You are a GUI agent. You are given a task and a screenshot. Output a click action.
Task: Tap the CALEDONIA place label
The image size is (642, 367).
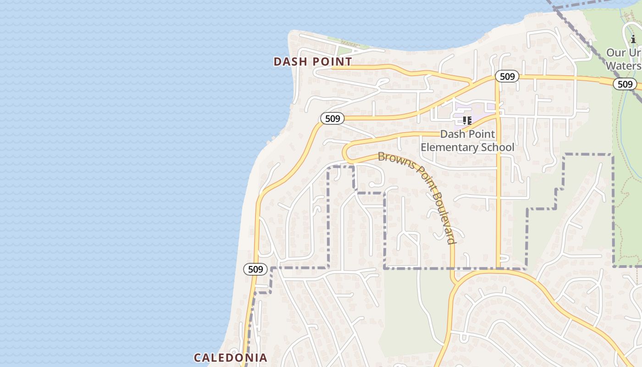[230, 358]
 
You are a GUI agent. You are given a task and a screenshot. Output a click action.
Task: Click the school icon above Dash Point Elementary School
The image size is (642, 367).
[467, 121]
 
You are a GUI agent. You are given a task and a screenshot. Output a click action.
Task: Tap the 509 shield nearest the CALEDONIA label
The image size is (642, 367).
[255, 269]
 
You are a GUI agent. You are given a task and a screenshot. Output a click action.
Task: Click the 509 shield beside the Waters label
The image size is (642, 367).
[625, 84]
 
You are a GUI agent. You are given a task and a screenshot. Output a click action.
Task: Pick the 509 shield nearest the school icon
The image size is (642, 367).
[507, 76]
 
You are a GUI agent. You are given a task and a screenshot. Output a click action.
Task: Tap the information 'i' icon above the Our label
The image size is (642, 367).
[633, 39]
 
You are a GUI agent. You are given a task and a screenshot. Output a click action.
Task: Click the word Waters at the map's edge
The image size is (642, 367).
[623, 66]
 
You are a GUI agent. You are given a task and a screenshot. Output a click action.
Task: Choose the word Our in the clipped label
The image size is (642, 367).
[616, 53]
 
